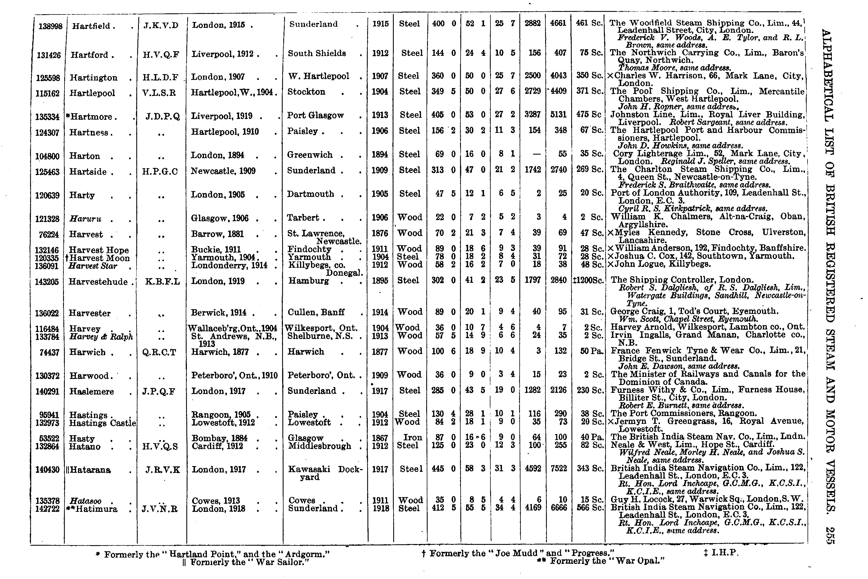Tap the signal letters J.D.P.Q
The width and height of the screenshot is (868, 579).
point(162,117)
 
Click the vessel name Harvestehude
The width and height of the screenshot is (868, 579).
point(98,282)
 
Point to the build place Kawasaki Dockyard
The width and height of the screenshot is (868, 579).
point(325,473)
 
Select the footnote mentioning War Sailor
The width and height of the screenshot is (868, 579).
point(245,562)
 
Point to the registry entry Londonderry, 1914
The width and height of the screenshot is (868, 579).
point(229,265)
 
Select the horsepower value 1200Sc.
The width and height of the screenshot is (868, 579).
point(589,281)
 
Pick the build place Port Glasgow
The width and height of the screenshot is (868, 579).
point(316,116)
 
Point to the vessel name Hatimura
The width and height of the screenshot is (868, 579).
point(94,509)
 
